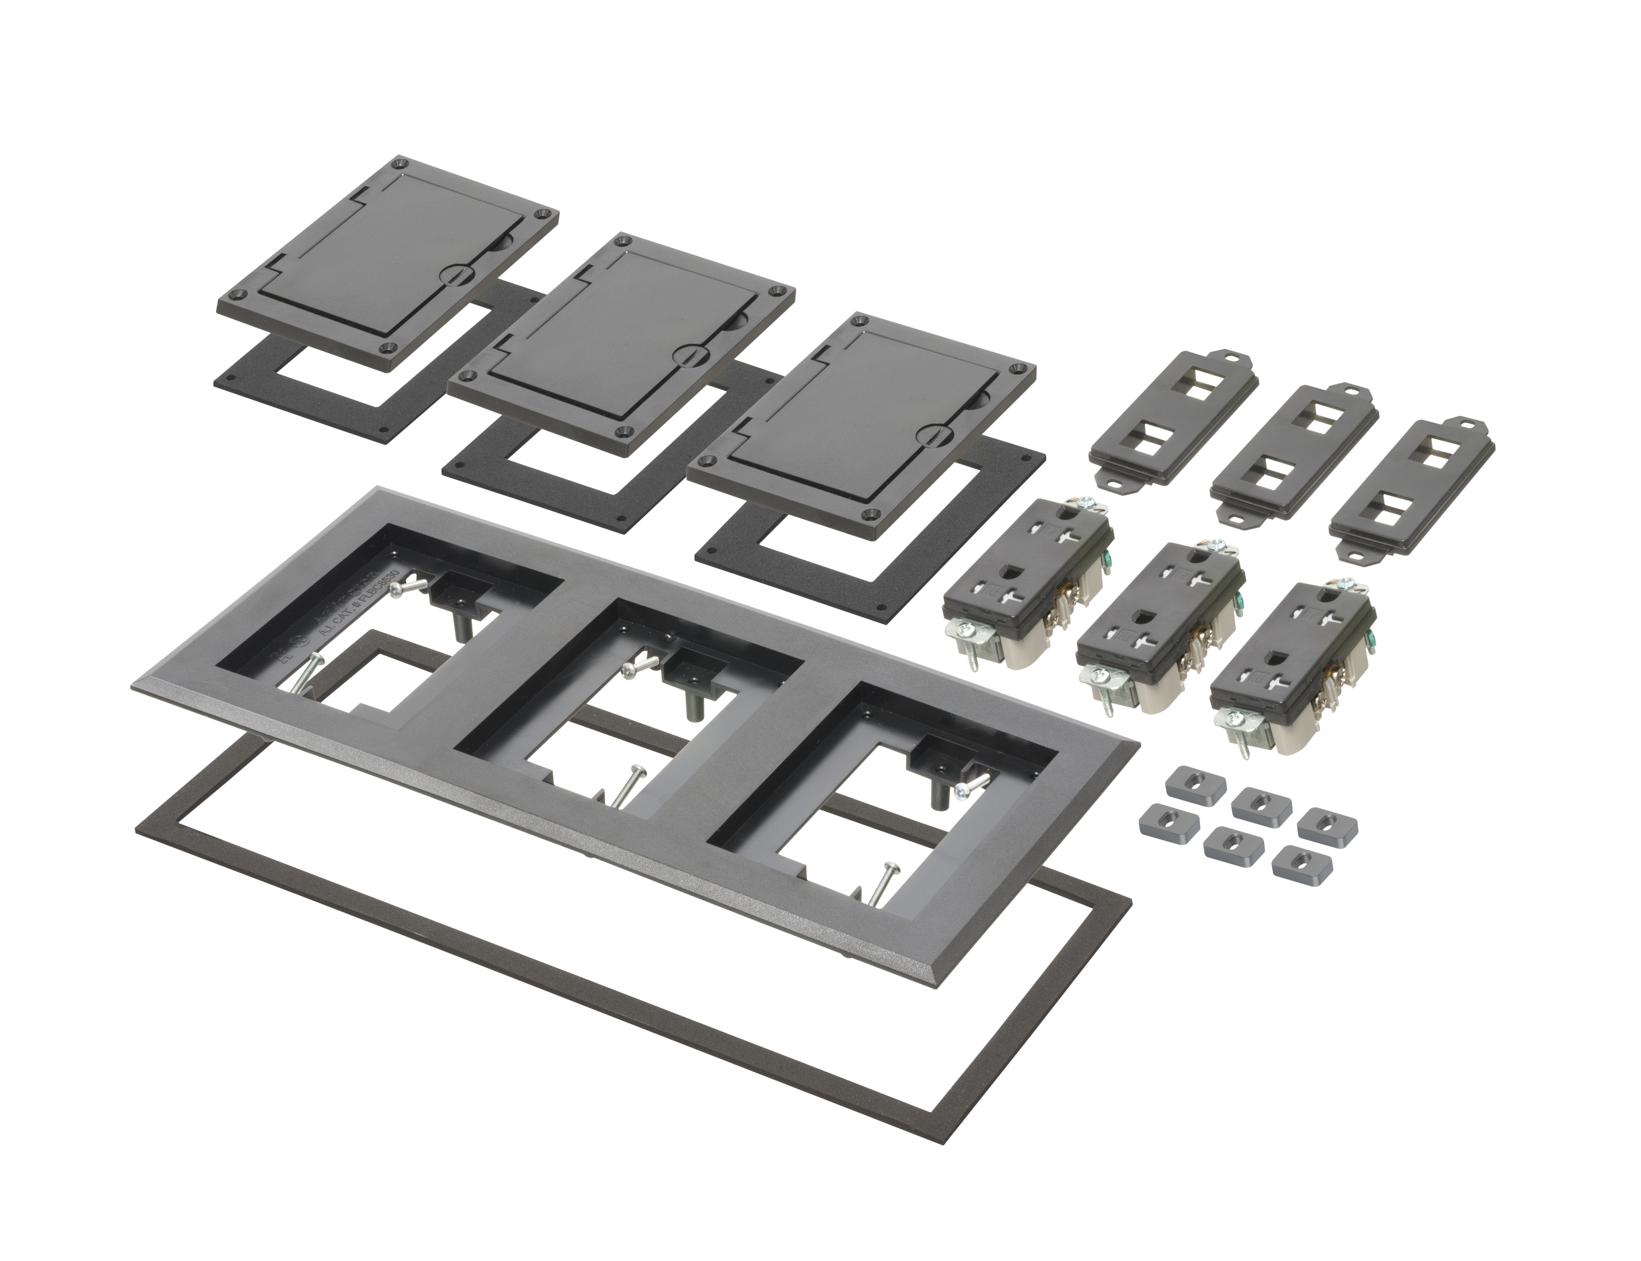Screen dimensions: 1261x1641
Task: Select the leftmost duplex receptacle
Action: click(x=1028, y=586)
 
